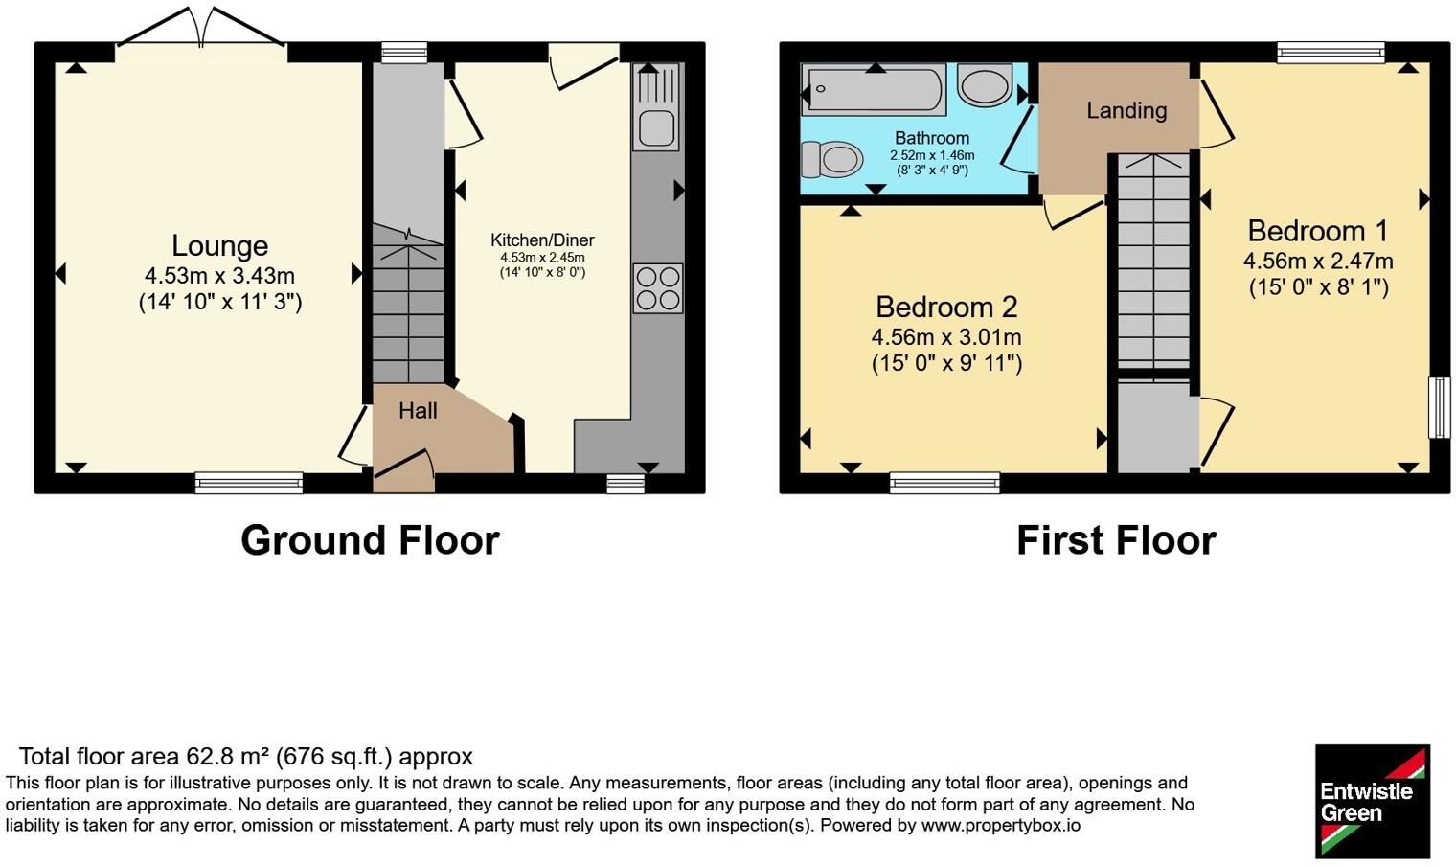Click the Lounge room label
point(219,246)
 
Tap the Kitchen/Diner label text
point(542,240)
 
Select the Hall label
point(418,411)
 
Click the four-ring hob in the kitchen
point(658,288)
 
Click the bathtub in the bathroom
point(873,90)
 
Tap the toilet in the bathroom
point(831,159)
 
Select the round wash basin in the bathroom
point(985,85)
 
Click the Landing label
point(1126,110)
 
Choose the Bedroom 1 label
point(1317,232)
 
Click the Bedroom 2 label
point(946,308)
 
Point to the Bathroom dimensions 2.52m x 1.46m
point(932,155)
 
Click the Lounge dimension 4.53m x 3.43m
point(219,276)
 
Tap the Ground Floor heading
point(370,540)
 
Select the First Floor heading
point(1116,540)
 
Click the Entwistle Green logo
point(1373,801)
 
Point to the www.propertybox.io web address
point(1001,826)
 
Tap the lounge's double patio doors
point(201,30)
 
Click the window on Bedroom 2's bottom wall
point(944,482)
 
